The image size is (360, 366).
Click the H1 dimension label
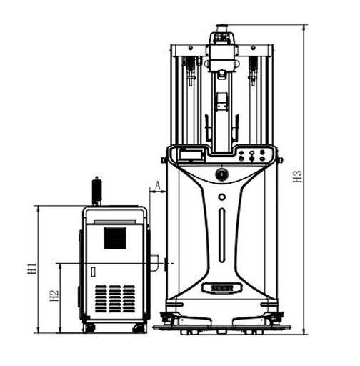[x=32, y=268]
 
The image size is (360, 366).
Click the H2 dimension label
[x=54, y=295]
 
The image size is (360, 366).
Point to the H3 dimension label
[x=297, y=177]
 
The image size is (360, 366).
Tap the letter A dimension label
[x=158, y=186]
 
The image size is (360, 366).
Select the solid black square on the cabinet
[x=115, y=238]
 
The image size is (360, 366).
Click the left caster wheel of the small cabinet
[x=90, y=329]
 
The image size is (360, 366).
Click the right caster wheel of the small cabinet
[x=139, y=329]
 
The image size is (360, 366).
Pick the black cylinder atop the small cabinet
[x=97, y=191]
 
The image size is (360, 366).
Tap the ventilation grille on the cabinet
[x=115, y=299]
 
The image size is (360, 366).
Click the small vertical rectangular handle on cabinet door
[x=94, y=272]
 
